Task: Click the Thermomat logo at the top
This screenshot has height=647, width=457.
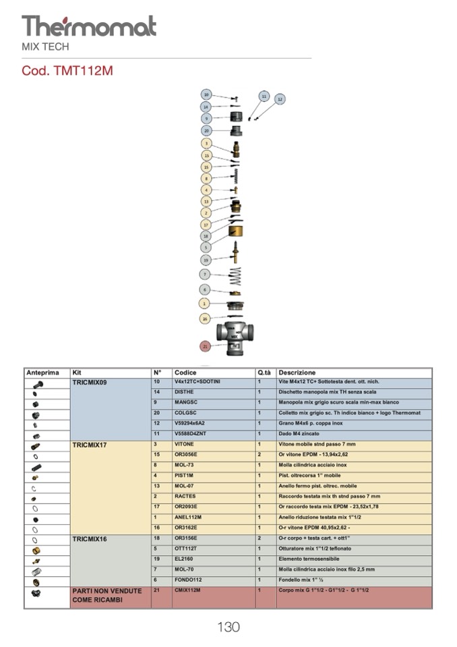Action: coord(88,27)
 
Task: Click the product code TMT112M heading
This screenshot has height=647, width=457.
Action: coord(67,71)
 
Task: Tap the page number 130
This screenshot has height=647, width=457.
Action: coord(228,627)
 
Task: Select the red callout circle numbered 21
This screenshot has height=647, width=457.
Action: coord(206,345)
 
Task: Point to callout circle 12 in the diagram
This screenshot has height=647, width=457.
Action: coord(280,99)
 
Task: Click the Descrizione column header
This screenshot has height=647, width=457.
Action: coord(297,372)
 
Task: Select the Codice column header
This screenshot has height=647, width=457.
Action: coord(185,372)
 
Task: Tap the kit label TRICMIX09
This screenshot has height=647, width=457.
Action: coord(90,383)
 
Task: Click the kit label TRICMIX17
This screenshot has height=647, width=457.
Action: coord(90,445)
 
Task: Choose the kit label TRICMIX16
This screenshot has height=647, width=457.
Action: coord(90,540)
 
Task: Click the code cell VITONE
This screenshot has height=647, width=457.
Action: coord(184,445)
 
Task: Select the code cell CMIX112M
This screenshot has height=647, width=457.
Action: coord(188,590)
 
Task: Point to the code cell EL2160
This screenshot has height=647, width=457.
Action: coord(185,559)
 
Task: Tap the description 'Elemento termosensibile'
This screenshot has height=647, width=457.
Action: coord(309,559)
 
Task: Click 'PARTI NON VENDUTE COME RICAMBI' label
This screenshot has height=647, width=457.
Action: coord(106,595)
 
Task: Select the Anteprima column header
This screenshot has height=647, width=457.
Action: coord(42,372)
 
